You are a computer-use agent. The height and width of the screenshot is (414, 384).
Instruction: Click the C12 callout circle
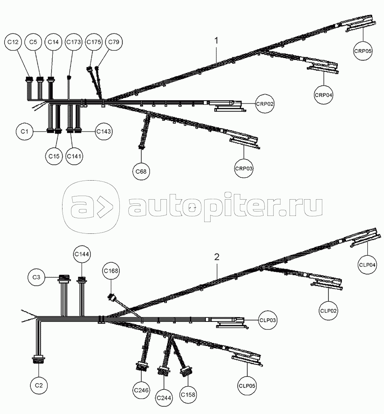(13, 42)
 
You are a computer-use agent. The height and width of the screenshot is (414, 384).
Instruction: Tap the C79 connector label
(113, 42)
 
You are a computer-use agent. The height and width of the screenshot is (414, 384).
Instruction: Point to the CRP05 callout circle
(362, 51)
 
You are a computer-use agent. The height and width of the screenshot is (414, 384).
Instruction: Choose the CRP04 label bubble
(324, 95)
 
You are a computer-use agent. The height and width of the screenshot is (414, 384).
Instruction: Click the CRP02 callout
(265, 104)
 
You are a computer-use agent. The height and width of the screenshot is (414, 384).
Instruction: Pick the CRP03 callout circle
(244, 168)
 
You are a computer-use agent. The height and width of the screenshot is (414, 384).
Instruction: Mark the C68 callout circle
(141, 171)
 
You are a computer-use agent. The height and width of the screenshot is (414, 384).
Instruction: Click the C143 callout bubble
(104, 131)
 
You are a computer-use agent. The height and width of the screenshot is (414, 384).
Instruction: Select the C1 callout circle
(25, 131)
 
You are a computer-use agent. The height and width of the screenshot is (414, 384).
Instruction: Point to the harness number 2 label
(217, 257)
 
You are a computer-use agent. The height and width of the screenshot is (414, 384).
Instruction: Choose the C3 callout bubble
(36, 277)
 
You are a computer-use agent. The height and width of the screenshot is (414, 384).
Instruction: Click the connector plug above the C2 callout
(39, 359)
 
